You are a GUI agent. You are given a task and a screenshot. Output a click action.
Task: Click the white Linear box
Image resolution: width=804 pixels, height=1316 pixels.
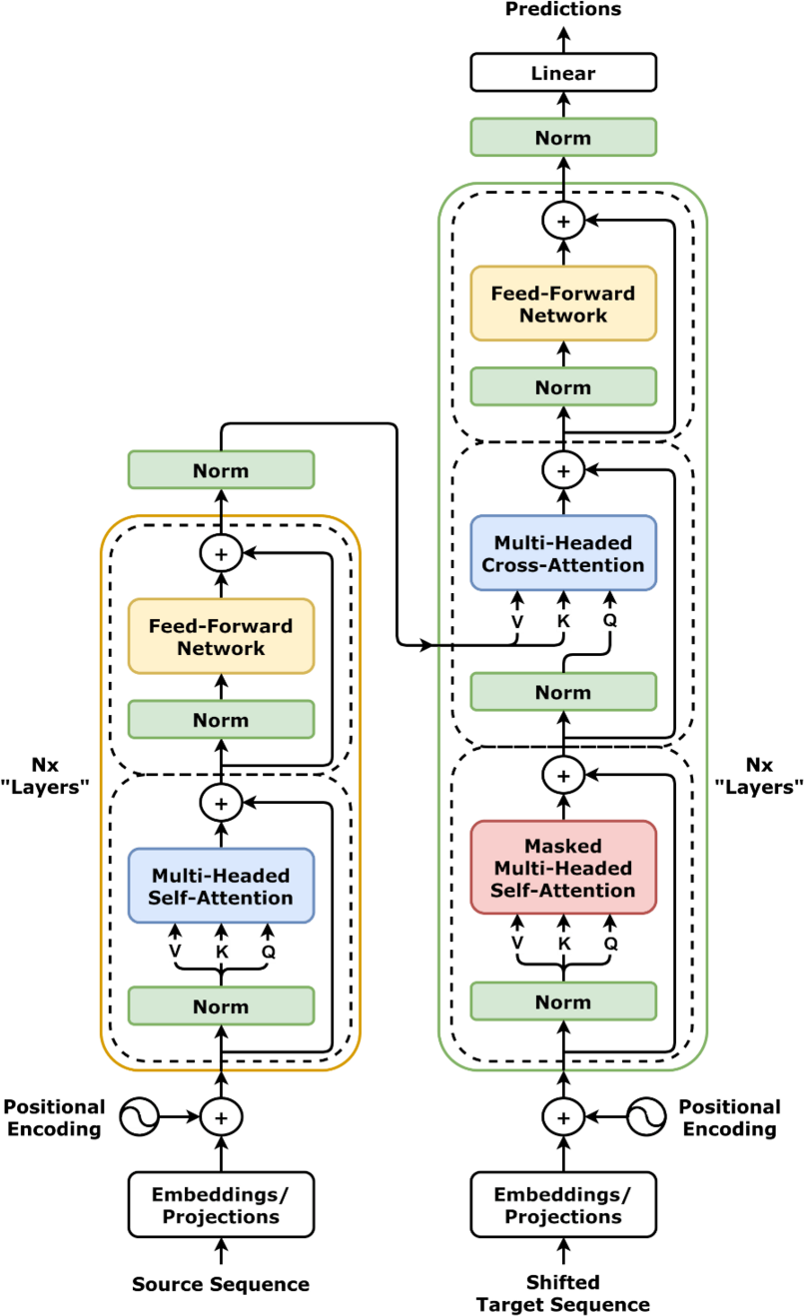[x=563, y=73]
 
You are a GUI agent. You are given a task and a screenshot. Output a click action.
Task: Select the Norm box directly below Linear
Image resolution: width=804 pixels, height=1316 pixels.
[x=563, y=138]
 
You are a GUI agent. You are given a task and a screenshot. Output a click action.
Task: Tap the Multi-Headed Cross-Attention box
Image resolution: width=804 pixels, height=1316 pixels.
[x=563, y=553]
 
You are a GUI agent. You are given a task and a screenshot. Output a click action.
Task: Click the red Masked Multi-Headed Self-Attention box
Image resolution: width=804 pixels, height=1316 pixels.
[x=563, y=867]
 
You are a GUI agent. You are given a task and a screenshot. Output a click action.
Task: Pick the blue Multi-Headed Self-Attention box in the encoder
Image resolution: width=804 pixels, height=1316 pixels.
[x=221, y=886]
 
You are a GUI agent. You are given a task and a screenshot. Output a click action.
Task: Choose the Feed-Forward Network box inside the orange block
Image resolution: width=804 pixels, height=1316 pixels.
[x=221, y=636]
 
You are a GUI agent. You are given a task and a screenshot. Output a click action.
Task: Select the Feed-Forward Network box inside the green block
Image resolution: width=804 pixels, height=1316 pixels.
[x=563, y=304]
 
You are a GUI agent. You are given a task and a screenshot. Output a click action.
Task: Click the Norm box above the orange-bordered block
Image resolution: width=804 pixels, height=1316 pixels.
[x=221, y=470]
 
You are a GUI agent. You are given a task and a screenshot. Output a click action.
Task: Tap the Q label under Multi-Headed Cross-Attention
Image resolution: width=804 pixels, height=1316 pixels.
[x=609, y=621]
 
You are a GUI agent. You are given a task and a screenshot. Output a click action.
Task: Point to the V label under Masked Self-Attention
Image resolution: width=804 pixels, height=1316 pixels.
[x=517, y=943]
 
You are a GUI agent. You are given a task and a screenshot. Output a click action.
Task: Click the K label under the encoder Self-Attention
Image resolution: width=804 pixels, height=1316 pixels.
[x=222, y=953]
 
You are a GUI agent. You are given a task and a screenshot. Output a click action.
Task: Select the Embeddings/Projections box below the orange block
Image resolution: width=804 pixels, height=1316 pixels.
[x=221, y=1205]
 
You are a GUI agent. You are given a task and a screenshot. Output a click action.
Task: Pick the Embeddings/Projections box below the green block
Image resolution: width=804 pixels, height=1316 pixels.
[x=563, y=1205]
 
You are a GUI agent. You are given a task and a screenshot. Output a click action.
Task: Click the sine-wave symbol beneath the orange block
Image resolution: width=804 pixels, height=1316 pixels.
[x=139, y=1117]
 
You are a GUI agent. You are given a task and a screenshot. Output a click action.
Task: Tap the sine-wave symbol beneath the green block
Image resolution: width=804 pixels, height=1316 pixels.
[x=646, y=1117]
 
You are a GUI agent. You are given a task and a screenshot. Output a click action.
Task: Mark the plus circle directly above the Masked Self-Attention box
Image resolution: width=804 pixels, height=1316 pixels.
[x=563, y=775]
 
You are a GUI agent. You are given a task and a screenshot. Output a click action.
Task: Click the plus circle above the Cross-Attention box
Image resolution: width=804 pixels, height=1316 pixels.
[x=563, y=469]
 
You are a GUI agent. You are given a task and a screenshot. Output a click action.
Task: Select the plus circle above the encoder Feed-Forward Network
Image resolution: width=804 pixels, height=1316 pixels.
[x=221, y=553]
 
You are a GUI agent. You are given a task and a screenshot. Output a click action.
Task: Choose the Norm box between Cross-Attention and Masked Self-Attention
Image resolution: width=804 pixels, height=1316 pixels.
[x=563, y=692]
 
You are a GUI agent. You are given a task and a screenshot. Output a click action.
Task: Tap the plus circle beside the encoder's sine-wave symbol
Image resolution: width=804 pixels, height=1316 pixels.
[x=221, y=1117]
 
